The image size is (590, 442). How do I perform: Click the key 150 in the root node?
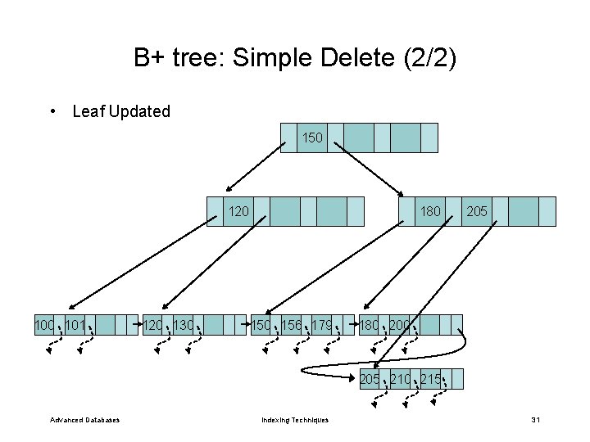312,138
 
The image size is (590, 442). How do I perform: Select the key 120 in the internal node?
238,211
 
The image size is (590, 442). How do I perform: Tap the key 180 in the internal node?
430,211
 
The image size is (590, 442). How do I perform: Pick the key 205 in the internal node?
477,211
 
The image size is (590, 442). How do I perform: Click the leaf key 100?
44,326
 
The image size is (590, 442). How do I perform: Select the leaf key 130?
184,326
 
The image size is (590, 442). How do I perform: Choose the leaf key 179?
323,326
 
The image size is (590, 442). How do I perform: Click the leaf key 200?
401,326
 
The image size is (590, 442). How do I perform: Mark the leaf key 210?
401,379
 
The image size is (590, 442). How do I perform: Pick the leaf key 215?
431,379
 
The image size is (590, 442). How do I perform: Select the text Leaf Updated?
121,111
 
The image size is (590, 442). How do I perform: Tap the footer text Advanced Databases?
84,420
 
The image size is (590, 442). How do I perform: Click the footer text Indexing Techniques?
295,420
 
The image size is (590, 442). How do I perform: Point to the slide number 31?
535,420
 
